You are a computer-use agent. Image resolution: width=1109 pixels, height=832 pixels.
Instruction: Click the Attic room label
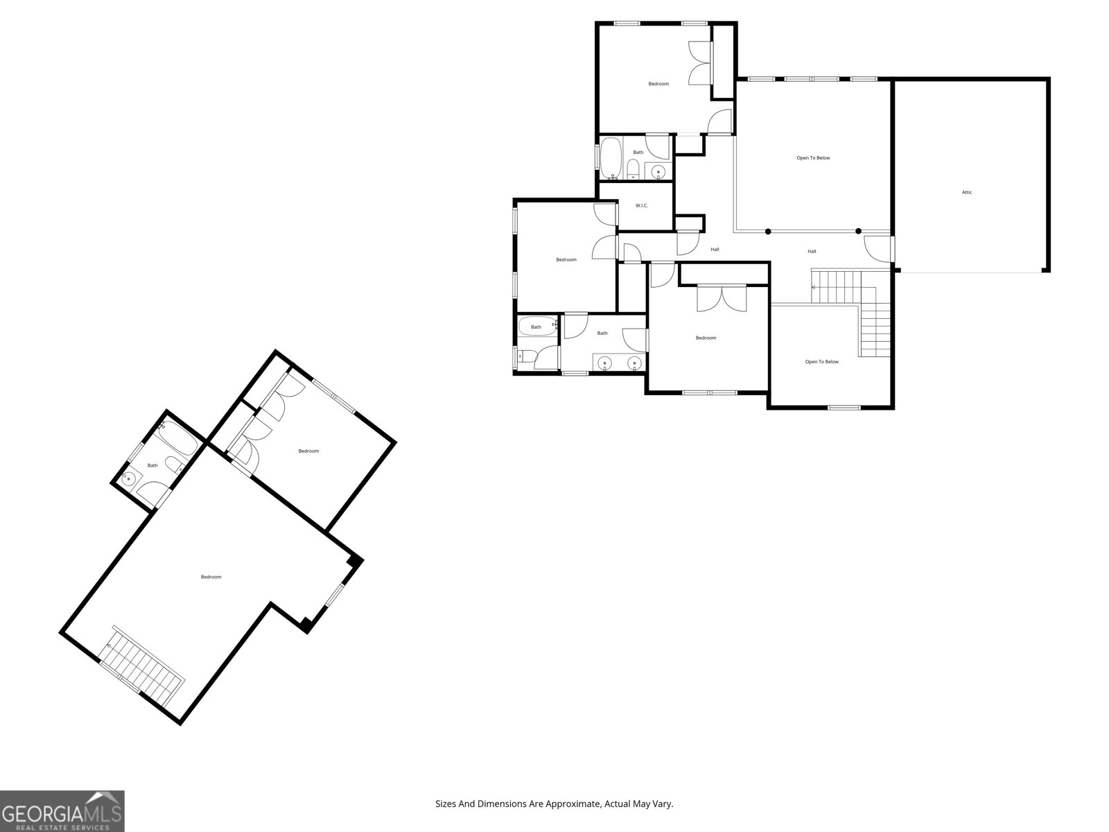(966, 192)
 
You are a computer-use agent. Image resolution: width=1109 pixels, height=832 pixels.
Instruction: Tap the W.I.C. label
(642, 205)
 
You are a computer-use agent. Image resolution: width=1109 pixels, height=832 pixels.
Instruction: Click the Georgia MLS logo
(62, 811)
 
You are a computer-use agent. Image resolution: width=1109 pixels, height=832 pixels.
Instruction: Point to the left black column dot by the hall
(767, 232)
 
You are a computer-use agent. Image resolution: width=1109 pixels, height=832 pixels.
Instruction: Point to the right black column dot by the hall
(858, 232)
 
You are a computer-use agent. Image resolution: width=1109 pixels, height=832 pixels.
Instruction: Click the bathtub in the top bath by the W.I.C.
(611, 159)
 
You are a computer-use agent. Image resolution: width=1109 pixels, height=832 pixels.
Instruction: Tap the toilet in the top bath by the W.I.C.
(633, 168)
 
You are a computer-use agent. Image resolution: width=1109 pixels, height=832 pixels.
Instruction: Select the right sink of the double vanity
(634, 363)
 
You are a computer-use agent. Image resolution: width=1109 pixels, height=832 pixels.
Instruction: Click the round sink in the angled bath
(130, 478)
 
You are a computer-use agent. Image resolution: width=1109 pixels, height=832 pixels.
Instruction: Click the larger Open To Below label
(813, 158)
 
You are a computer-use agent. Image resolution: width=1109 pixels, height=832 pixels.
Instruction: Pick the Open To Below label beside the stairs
(821, 362)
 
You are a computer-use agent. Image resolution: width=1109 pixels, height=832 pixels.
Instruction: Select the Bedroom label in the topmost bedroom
(658, 84)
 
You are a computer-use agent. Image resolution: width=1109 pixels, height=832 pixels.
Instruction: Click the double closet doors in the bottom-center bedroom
(722, 297)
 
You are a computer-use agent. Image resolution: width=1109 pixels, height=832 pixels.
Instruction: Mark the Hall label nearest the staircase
(812, 252)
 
